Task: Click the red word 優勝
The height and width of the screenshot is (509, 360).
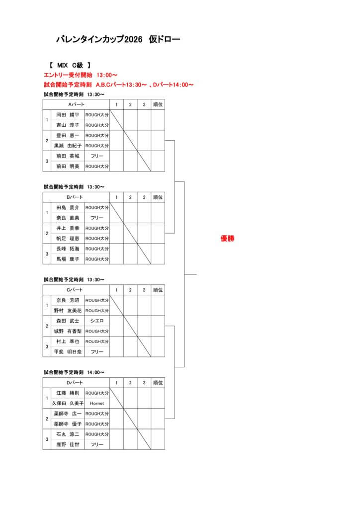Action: click(227, 239)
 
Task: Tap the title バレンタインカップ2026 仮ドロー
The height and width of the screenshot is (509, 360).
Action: click(118, 39)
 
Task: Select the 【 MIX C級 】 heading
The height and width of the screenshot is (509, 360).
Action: click(70, 65)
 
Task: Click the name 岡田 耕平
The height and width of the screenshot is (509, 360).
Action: click(68, 115)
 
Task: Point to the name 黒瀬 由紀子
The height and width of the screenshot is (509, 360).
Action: click(68, 146)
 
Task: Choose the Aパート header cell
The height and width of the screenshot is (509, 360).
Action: click(76, 104)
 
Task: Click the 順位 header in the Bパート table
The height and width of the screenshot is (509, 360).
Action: click(158, 197)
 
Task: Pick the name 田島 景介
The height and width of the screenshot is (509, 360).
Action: click(68, 207)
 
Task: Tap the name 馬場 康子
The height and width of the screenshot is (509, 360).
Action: click(68, 259)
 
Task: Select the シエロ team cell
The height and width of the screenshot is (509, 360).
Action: click(97, 321)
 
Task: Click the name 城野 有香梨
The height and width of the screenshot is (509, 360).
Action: click(68, 331)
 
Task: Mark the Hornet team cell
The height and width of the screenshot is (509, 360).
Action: click(97, 404)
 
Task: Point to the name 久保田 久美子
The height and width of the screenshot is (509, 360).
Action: click(68, 404)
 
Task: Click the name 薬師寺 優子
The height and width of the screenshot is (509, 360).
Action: click(68, 424)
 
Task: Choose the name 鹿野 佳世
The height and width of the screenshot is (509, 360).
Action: click(68, 445)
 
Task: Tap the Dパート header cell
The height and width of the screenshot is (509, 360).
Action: click(76, 383)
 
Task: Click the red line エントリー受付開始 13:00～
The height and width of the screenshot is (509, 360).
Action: click(81, 75)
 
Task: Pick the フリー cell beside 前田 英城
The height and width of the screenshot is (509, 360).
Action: click(97, 156)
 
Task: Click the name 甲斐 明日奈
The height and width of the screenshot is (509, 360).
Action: click(68, 351)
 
